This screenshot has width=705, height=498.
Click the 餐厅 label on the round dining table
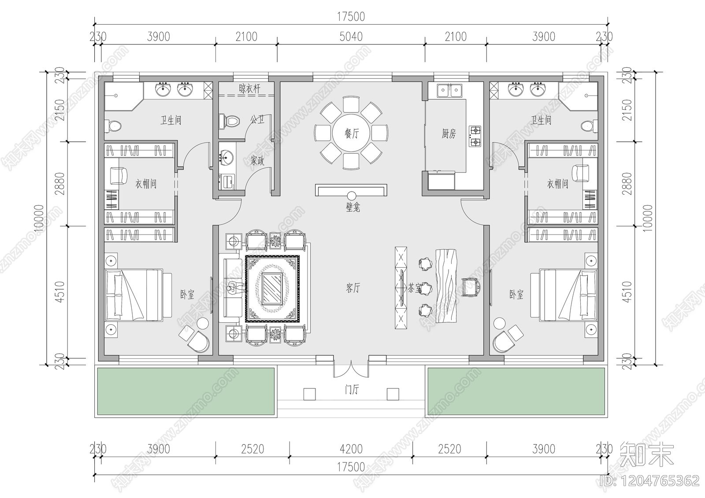click(x=351, y=133)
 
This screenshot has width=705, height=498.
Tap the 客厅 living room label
click(x=352, y=288)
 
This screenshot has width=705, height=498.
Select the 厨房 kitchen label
click(x=449, y=134)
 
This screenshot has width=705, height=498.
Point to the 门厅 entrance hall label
click(x=352, y=390)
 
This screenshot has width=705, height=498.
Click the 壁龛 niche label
click(x=352, y=207)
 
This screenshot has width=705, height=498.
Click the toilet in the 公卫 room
click(x=229, y=120)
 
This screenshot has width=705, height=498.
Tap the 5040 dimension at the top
click(x=351, y=37)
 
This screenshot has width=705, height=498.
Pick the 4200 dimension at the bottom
click(x=351, y=449)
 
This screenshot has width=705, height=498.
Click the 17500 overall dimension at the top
click(x=351, y=17)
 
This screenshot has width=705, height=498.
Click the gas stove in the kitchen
click(x=475, y=136)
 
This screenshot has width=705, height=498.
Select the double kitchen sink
click(x=449, y=91)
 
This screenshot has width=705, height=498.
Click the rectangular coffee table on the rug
click(x=272, y=288)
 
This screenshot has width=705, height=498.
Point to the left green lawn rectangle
click(x=185, y=391)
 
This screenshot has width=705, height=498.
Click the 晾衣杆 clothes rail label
click(x=249, y=89)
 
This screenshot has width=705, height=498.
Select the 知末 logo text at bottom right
click(x=647, y=455)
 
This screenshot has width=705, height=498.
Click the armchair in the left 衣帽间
click(x=118, y=175)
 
